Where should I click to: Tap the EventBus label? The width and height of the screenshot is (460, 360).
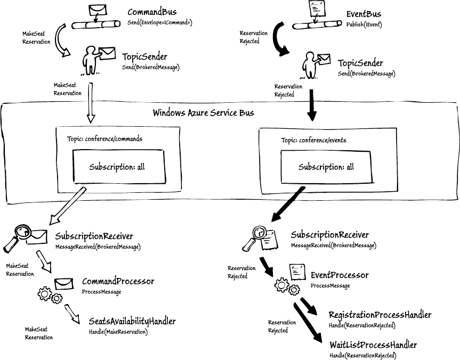tap(364, 14)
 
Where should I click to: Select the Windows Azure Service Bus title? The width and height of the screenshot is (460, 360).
tap(204, 113)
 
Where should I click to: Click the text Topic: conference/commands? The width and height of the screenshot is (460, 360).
tap(104, 138)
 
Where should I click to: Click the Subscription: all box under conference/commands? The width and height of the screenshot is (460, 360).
tap(117, 167)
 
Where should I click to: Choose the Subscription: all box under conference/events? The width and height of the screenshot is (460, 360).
tap(326, 167)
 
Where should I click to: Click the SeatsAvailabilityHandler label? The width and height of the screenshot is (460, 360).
tap(132, 322)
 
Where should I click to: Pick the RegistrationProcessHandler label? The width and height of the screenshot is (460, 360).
tap(380, 315)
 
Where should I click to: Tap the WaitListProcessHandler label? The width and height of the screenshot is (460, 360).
tap(373, 345)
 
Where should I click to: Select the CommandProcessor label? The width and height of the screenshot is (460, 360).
tap(118, 281)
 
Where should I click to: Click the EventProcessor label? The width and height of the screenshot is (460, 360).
tap(340, 275)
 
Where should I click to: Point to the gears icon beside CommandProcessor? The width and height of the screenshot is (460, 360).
tap(46, 292)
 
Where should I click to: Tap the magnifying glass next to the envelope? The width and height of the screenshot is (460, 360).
tap(15, 238)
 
